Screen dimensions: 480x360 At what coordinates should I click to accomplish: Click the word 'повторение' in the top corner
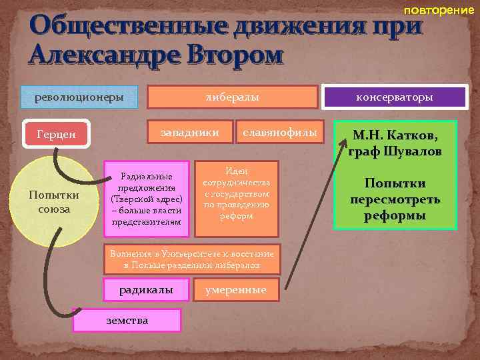[x=439, y=11]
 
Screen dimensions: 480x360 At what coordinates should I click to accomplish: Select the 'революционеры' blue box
[x=79, y=97]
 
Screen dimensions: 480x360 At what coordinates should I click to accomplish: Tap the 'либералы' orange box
[x=231, y=97]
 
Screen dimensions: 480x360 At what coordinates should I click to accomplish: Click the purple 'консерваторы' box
[x=395, y=97]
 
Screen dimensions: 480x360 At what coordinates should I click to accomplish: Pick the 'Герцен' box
[x=57, y=134]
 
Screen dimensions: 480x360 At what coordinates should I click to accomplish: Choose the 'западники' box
[x=190, y=132]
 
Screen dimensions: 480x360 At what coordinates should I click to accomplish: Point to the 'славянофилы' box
[x=279, y=132]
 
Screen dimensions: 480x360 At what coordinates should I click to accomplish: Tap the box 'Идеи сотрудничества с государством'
[x=236, y=199]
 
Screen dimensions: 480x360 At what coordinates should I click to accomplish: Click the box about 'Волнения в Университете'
[x=192, y=258]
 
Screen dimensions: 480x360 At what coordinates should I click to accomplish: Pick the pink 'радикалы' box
[x=146, y=289]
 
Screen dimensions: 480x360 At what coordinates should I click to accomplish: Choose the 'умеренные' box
[x=235, y=289]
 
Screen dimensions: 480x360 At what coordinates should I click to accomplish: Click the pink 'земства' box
[x=127, y=321]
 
